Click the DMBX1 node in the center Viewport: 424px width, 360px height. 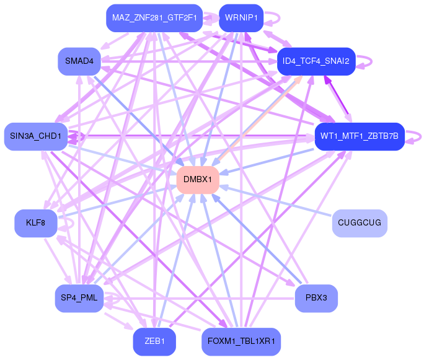coord(198,180)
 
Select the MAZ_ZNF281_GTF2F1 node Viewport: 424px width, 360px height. coord(154,17)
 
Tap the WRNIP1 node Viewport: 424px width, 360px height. coord(241,17)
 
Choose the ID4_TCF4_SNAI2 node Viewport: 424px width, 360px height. coord(316,61)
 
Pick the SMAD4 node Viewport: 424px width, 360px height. coord(79,61)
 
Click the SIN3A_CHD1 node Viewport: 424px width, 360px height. coord(35,136)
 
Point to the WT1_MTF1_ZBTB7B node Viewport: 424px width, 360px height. coord(359,136)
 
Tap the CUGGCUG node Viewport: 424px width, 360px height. coord(360,223)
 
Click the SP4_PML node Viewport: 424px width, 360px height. coord(79,298)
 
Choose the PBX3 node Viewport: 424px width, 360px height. coord(316,298)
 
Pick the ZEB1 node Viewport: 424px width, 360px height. coord(154,342)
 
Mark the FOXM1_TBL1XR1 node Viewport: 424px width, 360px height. coord(241,342)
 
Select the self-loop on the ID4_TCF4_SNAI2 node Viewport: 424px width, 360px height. coord(367,61)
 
